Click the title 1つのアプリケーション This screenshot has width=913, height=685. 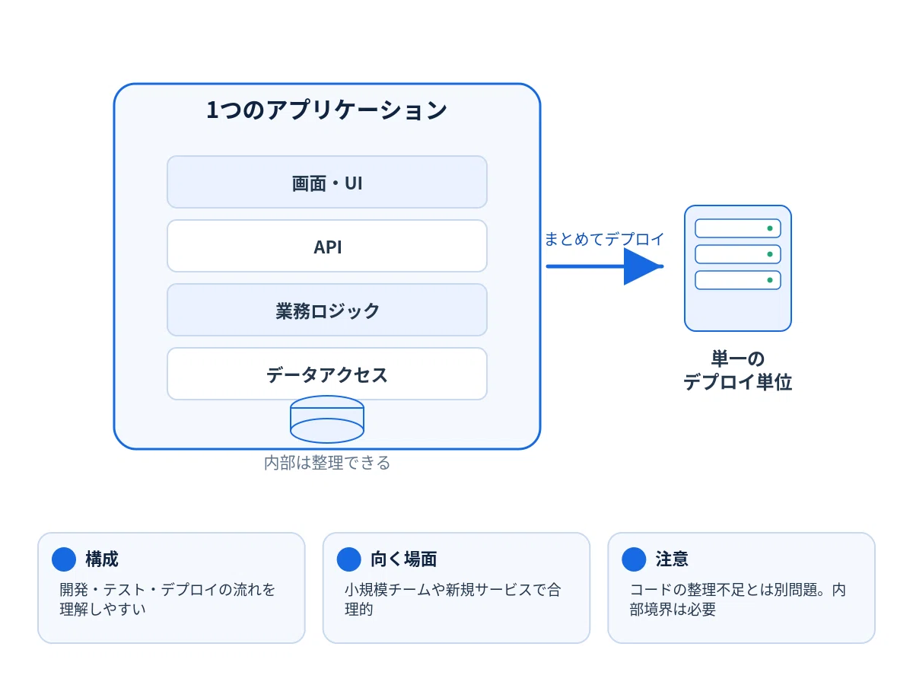point(326,110)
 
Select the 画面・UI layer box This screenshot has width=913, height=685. point(327,182)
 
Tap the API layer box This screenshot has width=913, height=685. point(327,246)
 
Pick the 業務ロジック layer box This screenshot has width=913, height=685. point(327,311)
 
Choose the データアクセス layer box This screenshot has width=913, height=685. point(327,374)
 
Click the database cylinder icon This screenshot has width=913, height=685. point(327,419)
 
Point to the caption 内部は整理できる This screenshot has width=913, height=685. point(327,463)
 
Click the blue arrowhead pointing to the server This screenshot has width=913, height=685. point(643,266)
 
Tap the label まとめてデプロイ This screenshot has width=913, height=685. point(604,239)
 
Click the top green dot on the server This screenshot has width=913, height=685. point(770,228)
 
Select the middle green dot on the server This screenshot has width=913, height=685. point(770,254)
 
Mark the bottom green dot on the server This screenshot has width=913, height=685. point(770,280)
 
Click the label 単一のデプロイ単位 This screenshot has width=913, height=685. point(738,371)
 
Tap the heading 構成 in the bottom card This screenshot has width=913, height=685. point(102,559)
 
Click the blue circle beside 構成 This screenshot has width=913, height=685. point(64,559)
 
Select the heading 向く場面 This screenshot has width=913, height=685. point(404,559)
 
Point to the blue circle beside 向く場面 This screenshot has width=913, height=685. point(349,559)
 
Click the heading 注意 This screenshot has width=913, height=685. point(672,559)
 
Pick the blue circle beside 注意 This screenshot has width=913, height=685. point(634,559)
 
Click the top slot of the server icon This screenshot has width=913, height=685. point(738,228)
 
